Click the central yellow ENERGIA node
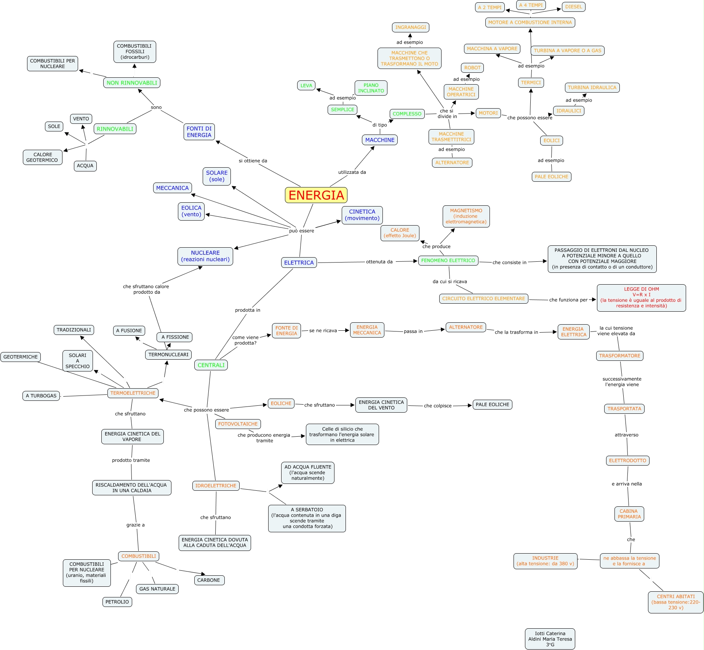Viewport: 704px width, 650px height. [x=316, y=195]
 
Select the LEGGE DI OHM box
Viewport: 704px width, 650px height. [x=641, y=298]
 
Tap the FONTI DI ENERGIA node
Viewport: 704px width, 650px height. [x=199, y=132]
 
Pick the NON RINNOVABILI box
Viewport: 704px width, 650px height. [x=132, y=83]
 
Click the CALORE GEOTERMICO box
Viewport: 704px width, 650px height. [x=42, y=157]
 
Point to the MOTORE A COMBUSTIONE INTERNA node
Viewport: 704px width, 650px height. [x=530, y=22]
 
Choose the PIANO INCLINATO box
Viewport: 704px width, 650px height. [x=371, y=88]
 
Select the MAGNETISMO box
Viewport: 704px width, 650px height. [x=466, y=216]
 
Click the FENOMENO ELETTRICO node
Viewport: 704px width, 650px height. [x=448, y=261]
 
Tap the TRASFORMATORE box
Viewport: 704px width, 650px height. [x=619, y=356]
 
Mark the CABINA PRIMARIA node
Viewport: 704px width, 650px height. [x=629, y=514]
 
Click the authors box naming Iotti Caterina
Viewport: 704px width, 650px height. [x=550, y=639]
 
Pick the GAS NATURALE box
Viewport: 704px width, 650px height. [x=157, y=589]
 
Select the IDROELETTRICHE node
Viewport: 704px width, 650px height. [x=216, y=486]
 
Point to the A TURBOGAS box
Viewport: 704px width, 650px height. [x=41, y=396]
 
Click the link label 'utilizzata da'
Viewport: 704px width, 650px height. [x=352, y=172]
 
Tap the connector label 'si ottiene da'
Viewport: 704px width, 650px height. [x=253, y=161]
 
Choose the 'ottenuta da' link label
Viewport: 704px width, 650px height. [x=379, y=262]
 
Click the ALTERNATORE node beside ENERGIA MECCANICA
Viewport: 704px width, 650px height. [x=466, y=327]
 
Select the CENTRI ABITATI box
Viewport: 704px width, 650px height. [x=675, y=602]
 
